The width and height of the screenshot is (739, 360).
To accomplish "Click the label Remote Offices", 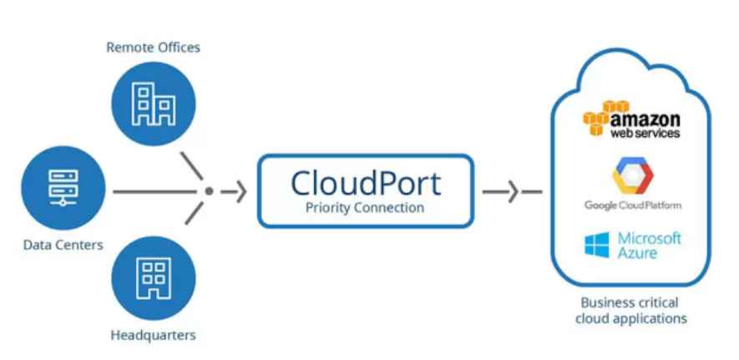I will (x=154, y=48).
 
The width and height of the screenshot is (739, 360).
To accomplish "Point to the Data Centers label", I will (x=63, y=245).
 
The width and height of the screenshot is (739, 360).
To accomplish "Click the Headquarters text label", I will (x=154, y=335).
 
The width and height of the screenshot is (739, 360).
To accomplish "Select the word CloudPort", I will (x=365, y=181).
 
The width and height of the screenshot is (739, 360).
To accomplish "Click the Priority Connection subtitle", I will (x=365, y=207).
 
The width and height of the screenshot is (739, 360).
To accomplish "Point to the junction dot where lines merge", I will (x=209, y=191).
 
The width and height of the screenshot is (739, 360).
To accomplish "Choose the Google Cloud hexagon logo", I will (x=632, y=175).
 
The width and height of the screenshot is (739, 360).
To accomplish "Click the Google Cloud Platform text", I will (x=632, y=205).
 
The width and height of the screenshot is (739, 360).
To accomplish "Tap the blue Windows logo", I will (x=597, y=246).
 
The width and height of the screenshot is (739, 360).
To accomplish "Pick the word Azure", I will (x=638, y=253).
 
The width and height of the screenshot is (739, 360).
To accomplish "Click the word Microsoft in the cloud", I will (x=650, y=239).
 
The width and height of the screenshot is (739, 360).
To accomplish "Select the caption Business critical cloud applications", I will (x=633, y=310).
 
